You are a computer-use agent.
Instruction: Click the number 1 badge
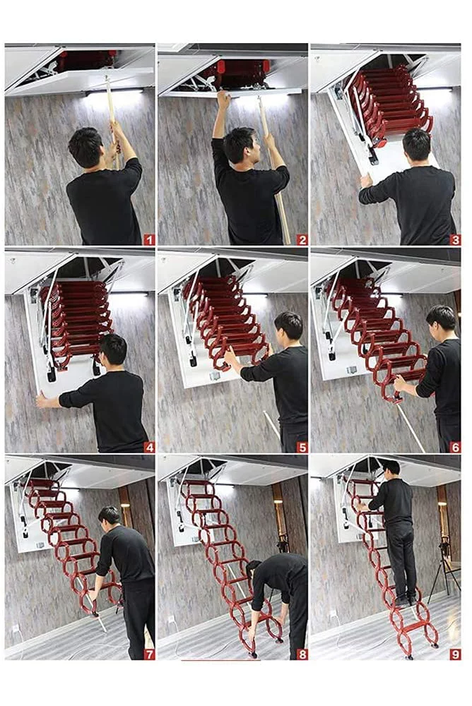(149, 239)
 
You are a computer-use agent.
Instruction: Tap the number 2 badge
(302, 239)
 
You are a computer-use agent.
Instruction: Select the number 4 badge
(149, 446)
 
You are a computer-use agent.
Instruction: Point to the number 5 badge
(302, 446)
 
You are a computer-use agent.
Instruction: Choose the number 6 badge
(455, 446)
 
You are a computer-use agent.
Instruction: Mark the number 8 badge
(302, 654)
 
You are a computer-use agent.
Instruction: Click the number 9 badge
(455, 654)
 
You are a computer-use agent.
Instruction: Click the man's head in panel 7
(110, 515)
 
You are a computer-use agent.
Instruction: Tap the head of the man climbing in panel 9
(391, 467)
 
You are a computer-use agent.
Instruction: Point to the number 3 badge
(455, 239)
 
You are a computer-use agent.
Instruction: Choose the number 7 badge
(149, 654)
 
